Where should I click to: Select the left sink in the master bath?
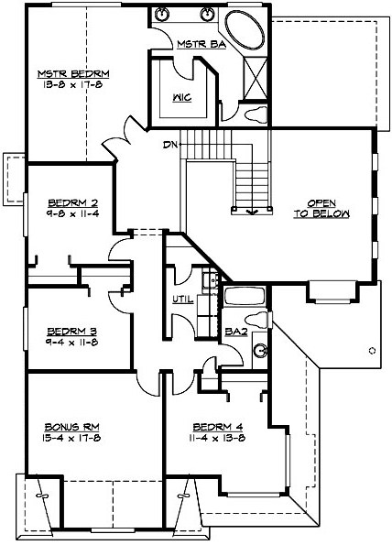click(164, 15)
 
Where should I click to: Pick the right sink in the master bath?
click(206, 15)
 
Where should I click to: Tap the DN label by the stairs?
click(170, 145)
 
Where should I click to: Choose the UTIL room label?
click(180, 299)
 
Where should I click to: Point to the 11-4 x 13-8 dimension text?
click(220, 438)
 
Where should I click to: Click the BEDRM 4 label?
click(220, 427)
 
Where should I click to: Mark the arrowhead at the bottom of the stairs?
click(253, 211)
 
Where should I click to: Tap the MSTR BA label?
click(195, 42)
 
